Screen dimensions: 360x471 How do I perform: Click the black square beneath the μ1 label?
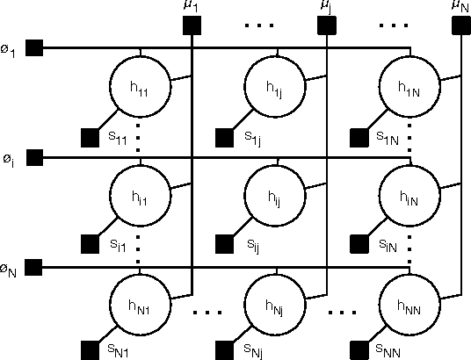click(x=192, y=25)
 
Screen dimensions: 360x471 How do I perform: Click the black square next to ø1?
click(x=35, y=48)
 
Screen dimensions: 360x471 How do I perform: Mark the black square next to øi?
click(x=35, y=158)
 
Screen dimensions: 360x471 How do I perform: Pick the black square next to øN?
click(x=35, y=267)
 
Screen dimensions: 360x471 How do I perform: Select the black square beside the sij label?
click(x=224, y=245)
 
